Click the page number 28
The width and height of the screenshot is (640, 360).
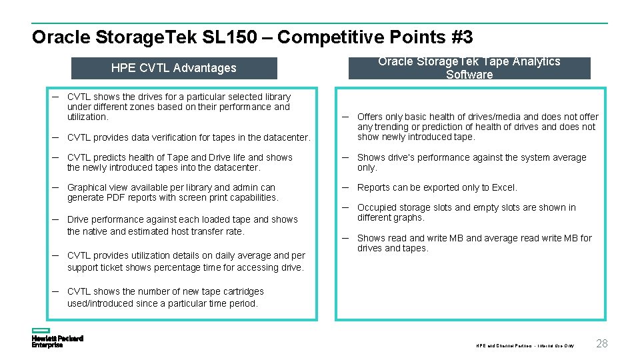tap(601, 343)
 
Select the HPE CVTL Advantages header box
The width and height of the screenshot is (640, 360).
tap(173, 68)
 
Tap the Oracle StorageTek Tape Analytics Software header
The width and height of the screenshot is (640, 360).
tap(469, 68)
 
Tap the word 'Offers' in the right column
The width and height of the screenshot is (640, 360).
tap(371, 117)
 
